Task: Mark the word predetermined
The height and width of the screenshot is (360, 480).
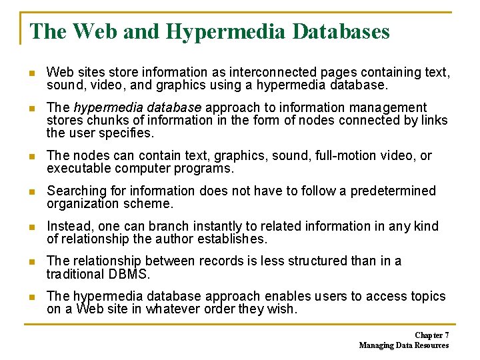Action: tap(393, 191)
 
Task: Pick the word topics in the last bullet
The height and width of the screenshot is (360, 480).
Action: tap(427, 296)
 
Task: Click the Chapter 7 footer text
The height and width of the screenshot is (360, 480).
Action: tap(431, 335)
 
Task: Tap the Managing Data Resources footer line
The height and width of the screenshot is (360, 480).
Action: tap(404, 345)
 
